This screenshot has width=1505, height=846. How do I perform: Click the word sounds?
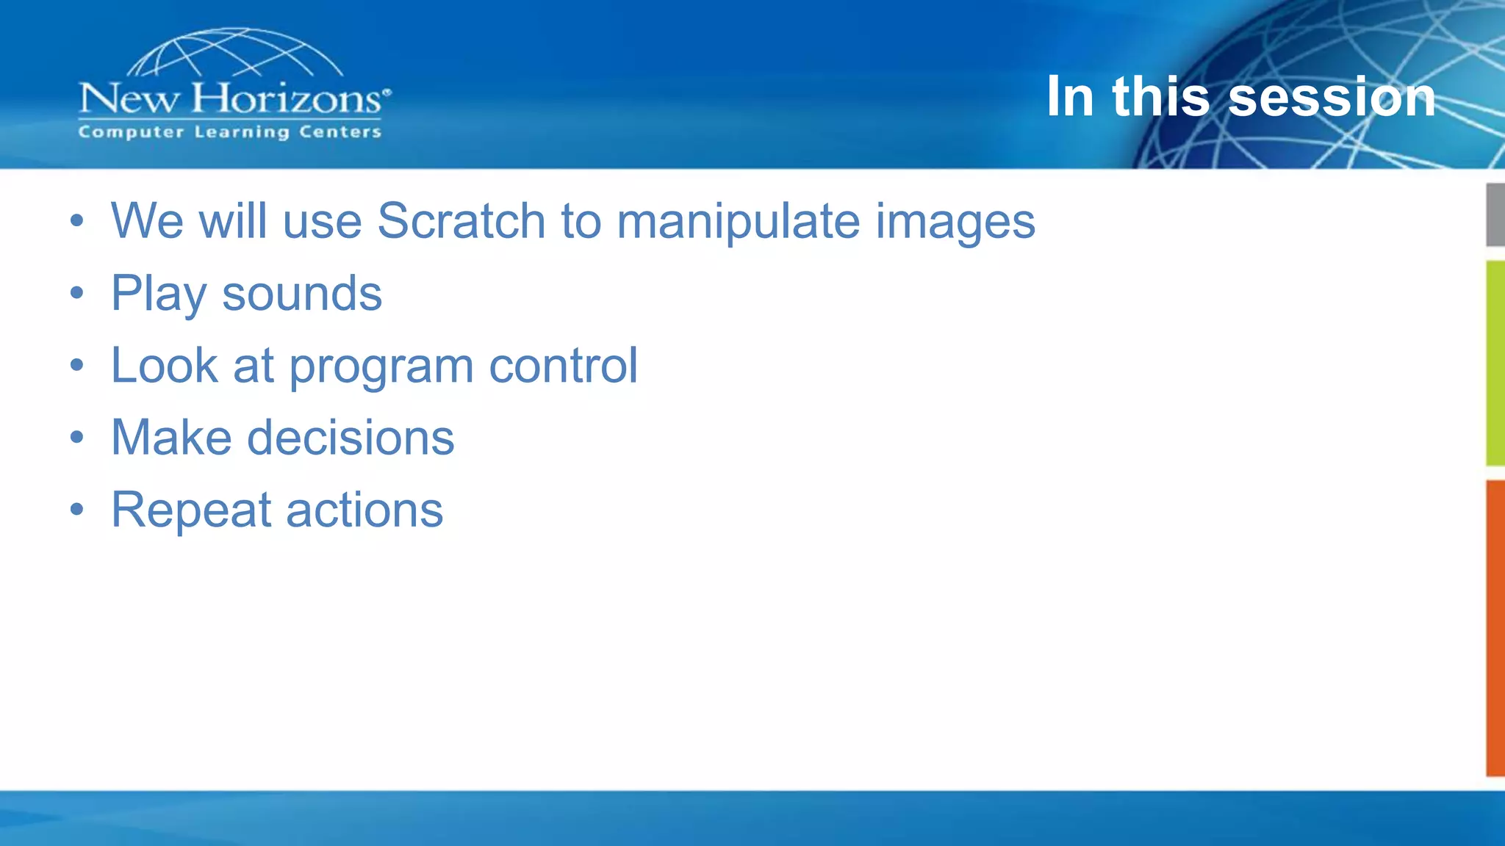pyautogui.click(x=302, y=293)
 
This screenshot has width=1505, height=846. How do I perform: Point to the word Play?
pyautogui.click(x=158, y=294)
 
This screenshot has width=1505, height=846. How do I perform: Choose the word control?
pyautogui.click(x=563, y=365)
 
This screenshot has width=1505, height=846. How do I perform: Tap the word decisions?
pyautogui.click(x=351, y=437)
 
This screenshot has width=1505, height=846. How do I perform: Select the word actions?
pyautogui.click(x=364, y=510)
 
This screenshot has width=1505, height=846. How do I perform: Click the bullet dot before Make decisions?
pyautogui.click(x=77, y=438)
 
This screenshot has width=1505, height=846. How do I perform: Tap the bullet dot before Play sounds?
pyautogui.click(x=77, y=294)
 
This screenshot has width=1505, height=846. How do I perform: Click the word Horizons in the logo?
pyautogui.click(x=287, y=98)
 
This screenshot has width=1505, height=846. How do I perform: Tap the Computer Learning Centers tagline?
pyautogui.click(x=229, y=132)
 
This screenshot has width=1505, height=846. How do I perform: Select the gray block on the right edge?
pyautogui.click(x=1495, y=214)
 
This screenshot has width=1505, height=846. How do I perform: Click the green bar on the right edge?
pyautogui.click(x=1495, y=363)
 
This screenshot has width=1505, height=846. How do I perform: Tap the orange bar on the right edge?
pyautogui.click(x=1495, y=628)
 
